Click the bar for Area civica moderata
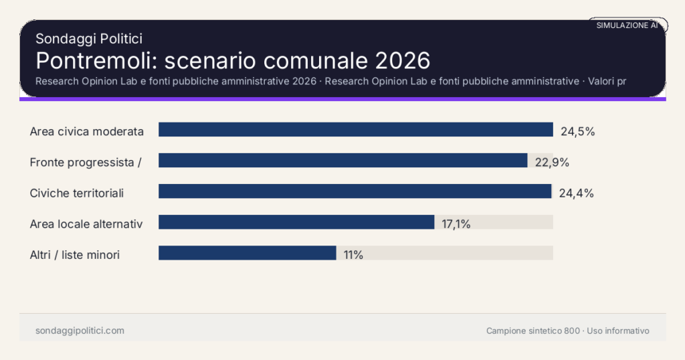coord(355,130)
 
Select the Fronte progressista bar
coord(342,161)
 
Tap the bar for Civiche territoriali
coord(355,191)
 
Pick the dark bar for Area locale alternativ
coord(296,222)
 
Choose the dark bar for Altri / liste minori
coord(247,253)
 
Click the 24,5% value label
coord(577,131)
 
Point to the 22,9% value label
coord(552,162)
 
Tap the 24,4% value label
coord(576,193)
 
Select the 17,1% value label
coord(456,224)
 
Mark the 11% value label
coord(353,255)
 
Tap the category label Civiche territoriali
coord(77,193)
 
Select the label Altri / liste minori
coord(75,254)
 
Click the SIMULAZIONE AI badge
coord(627,25)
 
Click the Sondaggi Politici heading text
coord(89,39)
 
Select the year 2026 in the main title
coord(402,60)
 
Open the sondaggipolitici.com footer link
coord(80,331)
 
